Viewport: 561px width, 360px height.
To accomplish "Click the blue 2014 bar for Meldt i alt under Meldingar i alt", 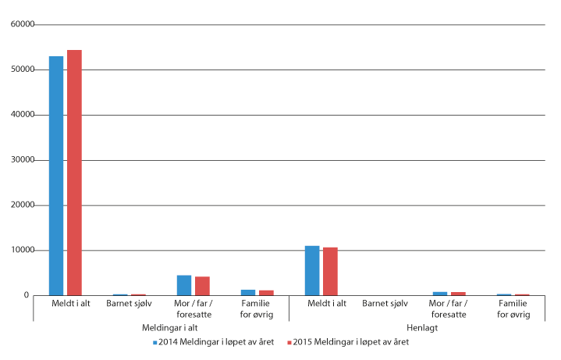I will click(56, 176).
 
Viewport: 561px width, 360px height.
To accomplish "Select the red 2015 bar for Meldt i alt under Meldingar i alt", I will click(74, 173).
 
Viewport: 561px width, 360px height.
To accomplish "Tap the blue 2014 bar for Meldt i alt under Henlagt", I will click(312, 271).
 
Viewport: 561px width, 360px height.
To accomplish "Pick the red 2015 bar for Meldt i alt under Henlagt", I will click(330, 272).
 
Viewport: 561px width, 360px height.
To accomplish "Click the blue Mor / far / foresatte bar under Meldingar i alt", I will click(184, 286).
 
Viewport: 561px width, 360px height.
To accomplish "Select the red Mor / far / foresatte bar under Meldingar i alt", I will click(202, 287).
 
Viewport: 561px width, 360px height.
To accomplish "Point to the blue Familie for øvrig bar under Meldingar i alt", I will click(248, 293).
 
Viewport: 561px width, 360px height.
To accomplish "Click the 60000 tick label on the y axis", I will click(23, 25).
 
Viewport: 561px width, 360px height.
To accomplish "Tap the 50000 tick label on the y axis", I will click(23, 70).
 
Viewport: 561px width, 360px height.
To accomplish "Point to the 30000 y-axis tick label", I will click(23, 161).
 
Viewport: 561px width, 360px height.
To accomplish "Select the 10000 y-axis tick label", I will click(23, 251).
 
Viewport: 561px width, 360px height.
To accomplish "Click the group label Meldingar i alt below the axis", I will click(161, 328).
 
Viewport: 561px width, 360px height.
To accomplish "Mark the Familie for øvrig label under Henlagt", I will click(513, 309).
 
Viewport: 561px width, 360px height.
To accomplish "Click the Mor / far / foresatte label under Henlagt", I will click(449, 309).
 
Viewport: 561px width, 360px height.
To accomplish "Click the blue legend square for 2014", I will click(155, 342).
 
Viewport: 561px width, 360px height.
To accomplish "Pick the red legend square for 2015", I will click(289, 342).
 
